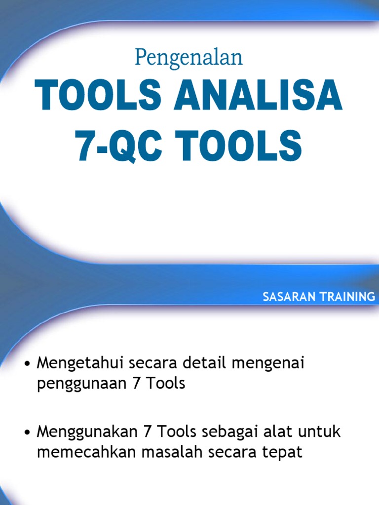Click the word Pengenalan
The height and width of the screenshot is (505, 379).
(x=189, y=59)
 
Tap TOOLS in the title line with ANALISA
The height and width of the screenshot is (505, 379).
(x=98, y=98)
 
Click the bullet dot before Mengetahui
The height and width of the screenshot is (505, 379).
(x=28, y=365)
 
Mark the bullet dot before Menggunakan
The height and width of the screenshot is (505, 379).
(x=28, y=433)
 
